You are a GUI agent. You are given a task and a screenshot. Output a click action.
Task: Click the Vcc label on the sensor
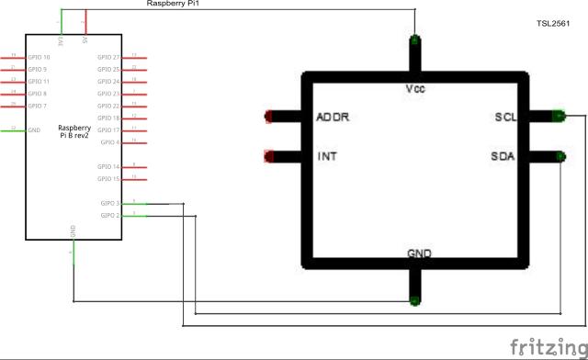[x=414, y=89]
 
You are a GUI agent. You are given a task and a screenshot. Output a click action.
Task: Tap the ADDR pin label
[x=333, y=118]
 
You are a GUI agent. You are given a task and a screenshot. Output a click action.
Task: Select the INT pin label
[x=326, y=156]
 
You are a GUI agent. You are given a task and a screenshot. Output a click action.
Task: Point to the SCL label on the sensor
[x=504, y=118]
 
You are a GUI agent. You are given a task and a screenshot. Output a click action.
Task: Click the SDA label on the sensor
[x=503, y=156]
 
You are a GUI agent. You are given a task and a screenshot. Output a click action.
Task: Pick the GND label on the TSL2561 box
[x=419, y=253]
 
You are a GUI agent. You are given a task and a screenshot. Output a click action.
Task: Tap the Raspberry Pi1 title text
[x=173, y=5]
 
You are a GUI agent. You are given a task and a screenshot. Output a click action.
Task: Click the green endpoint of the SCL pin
[x=559, y=116]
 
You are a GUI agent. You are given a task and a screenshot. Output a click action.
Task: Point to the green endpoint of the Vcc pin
[x=415, y=40]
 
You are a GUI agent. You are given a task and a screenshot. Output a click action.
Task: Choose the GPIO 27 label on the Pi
[x=109, y=57]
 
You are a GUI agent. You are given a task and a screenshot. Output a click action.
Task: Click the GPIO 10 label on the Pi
[x=39, y=57]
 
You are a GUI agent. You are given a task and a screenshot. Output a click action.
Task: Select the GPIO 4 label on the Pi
[x=111, y=142]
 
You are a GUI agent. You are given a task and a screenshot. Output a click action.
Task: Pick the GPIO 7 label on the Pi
[x=37, y=106]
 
